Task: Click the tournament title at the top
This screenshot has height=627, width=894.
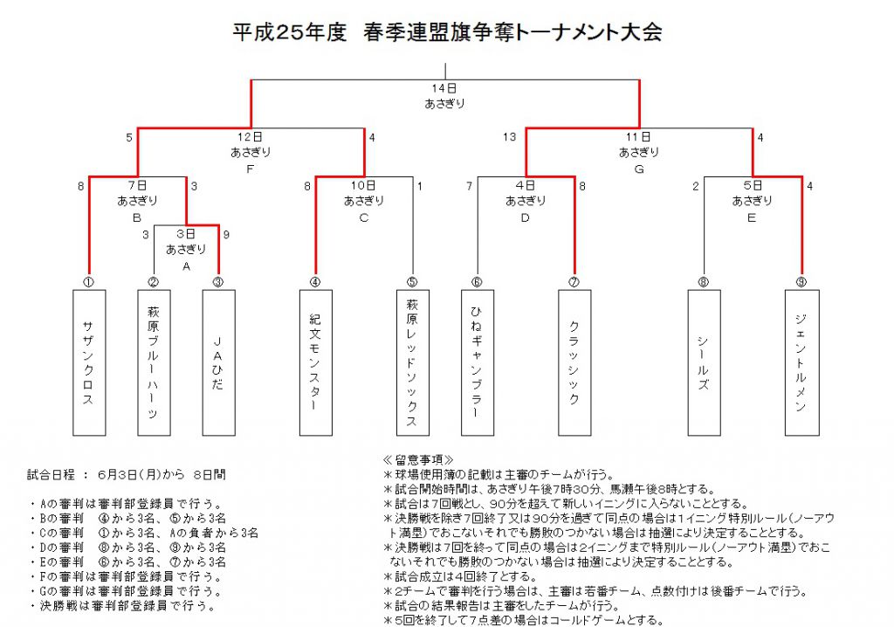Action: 447,32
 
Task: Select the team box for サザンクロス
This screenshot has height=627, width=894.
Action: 89,363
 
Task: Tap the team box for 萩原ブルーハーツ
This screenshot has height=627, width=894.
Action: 154,363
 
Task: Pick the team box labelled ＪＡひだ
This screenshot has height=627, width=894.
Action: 219,363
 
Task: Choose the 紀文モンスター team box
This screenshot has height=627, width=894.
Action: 316,363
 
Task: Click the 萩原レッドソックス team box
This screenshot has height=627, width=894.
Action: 413,363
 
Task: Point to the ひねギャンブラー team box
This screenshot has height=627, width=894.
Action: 478,363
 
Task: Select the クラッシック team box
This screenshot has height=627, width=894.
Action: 574,363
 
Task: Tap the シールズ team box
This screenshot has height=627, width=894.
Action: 705,363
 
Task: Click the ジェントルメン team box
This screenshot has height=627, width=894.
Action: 802,363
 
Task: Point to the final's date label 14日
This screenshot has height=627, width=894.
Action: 444,88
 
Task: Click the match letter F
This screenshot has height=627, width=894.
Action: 251,169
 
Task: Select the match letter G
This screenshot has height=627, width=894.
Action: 639,169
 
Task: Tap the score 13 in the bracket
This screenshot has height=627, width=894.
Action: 509,137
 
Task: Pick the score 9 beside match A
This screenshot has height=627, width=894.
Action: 226,235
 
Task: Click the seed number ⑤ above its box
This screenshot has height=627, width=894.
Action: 412,282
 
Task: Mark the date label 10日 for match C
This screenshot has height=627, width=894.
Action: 363,185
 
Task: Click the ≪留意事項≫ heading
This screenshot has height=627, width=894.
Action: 418,460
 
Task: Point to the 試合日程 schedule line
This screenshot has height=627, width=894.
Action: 127,475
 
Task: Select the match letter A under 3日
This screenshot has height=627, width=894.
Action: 186,266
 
